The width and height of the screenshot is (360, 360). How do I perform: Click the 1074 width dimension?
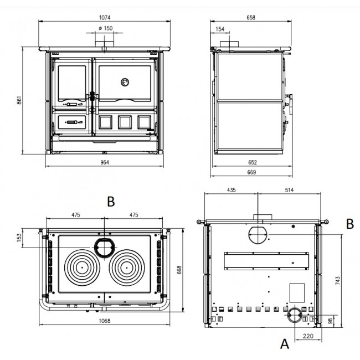tap(105, 18)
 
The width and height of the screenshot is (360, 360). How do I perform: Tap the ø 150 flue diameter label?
tap(106, 28)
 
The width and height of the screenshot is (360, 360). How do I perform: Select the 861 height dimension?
tap(19, 100)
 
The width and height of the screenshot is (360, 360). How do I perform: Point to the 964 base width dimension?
tap(105, 162)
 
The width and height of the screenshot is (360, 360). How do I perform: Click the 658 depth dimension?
tap(251, 18)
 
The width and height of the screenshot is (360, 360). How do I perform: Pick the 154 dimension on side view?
tap(220, 29)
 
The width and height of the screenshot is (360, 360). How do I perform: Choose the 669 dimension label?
tap(251, 172)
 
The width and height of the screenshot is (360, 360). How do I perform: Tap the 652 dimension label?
tap(253, 162)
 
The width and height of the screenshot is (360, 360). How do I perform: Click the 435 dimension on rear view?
tap(231, 190)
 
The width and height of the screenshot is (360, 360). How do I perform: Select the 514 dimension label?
tap(289, 190)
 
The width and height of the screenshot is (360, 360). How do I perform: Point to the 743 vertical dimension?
tap(337, 281)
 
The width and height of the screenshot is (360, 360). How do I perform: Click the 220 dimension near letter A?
tap(307, 336)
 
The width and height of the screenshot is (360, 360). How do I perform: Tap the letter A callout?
tap(285, 344)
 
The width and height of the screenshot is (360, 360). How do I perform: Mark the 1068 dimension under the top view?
tap(105, 321)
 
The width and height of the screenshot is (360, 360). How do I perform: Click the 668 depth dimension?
tap(179, 270)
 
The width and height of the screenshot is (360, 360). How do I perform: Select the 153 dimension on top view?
tap(19, 238)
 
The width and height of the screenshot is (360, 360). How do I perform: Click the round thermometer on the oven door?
tap(125, 82)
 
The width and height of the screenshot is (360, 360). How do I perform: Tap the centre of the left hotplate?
tap(82, 268)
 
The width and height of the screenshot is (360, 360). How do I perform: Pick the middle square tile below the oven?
tap(125, 122)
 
